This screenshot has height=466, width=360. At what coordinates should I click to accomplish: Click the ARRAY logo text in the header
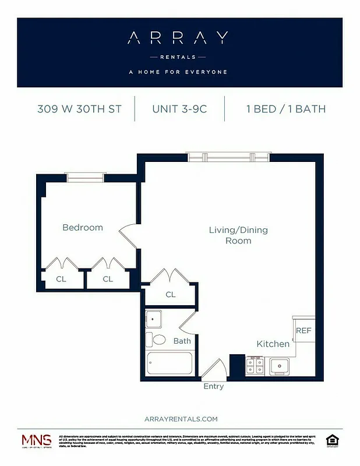coord(178,38)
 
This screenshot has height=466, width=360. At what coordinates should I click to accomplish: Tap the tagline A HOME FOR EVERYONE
coord(178,72)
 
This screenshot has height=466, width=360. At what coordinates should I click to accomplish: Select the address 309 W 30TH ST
coord(79,109)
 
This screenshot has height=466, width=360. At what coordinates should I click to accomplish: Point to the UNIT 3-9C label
coord(179,109)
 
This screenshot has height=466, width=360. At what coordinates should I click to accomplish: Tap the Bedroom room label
coord(83,228)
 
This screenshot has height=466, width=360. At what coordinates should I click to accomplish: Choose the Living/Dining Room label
coord(238,235)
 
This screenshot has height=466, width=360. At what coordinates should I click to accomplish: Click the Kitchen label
coord(273,344)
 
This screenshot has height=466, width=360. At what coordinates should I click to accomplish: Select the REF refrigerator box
coord(304,330)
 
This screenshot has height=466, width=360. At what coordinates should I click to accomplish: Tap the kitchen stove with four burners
coord(254,365)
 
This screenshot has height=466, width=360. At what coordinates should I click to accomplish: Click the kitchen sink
coord(280,366)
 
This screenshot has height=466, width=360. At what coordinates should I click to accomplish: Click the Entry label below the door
coord(213,386)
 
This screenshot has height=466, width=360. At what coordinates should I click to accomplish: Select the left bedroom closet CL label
coord(61,279)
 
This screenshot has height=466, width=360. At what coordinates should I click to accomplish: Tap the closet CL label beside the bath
coord(170,294)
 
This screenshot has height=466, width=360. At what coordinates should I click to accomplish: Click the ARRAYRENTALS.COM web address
coord(180,419)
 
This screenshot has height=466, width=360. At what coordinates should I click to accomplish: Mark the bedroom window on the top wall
coord(84,176)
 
